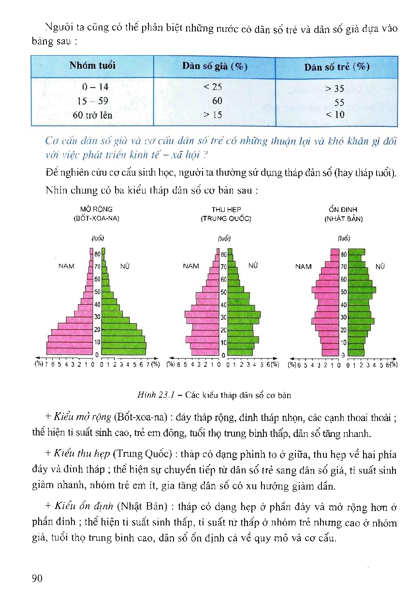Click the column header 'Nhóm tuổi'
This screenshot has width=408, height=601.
coord(92,65)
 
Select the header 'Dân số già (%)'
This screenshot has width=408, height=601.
coord(215,67)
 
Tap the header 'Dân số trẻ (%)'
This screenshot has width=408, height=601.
coord(336,67)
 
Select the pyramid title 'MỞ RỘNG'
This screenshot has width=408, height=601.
coord(96,210)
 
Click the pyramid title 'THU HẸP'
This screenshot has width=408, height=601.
coord(226,210)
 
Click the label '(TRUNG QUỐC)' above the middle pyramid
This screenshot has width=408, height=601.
coord(226,218)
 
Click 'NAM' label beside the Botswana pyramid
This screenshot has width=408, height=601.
coord(66,266)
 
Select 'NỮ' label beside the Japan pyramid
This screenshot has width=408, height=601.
coord(380,266)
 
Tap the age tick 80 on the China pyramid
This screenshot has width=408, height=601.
coord(223,254)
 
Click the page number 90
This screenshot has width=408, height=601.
coord(37,578)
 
